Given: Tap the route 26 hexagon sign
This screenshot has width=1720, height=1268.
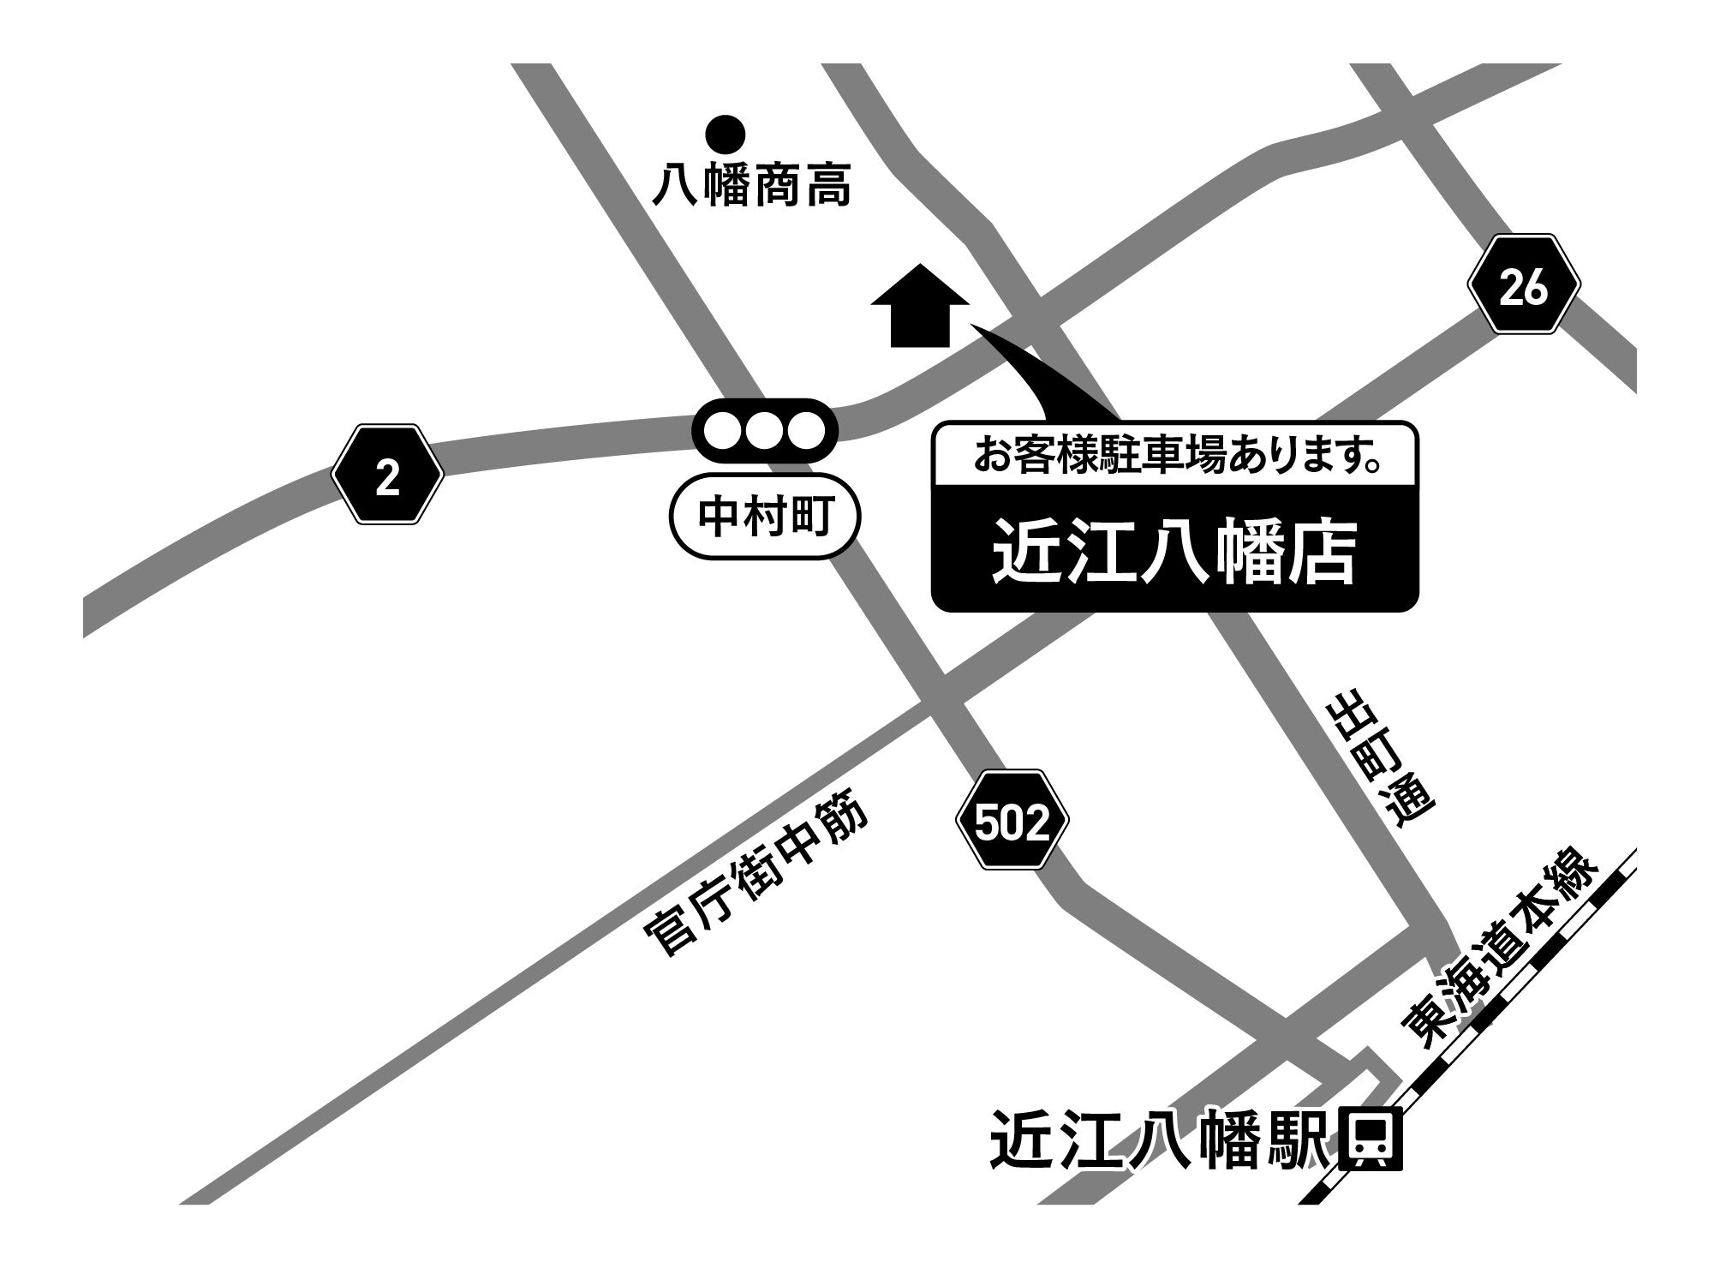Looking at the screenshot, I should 1524,287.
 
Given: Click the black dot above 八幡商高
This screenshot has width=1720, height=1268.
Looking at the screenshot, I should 725,134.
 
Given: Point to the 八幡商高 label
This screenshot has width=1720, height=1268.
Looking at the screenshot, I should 751,186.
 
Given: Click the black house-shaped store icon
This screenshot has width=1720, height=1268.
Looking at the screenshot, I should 920,306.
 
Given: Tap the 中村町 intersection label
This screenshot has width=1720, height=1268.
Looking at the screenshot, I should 762,517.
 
